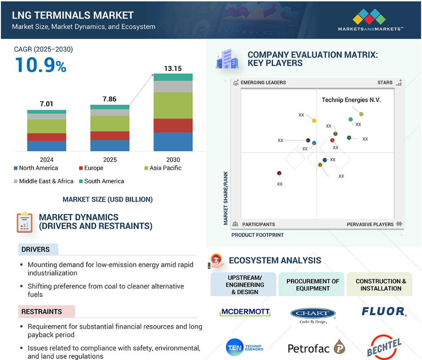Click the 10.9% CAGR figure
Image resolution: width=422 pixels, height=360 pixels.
pyautogui.click(x=41, y=66)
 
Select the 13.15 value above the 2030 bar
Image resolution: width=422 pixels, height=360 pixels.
pyautogui.click(x=173, y=68)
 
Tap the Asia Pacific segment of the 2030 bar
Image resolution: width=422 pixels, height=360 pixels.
pyautogui.click(x=173, y=105)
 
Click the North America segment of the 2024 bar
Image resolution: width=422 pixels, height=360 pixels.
pyautogui.click(x=46, y=146)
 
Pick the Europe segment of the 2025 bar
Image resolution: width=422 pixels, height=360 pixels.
pyautogui.click(x=110, y=136)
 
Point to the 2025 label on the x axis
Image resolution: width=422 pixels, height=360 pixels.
pyautogui.click(x=110, y=159)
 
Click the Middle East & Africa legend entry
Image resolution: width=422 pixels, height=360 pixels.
pyautogui.click(x=43, y=181)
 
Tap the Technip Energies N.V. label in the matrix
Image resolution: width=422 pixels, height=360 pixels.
pyautogui.click(x=351, y=100)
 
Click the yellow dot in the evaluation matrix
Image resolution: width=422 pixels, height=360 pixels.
pyautogui.click(x=314, y=121)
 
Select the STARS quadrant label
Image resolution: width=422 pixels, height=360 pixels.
pyautogui.click(x=385, y=83)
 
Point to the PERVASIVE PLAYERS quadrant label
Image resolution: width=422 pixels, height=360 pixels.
pyautogui.click(x=371, y=224)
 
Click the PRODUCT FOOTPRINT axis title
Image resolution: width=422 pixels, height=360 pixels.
pyautogui.click(x=257, y=234)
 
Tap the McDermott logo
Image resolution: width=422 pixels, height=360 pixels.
pyautogui.click(x=245, y=312)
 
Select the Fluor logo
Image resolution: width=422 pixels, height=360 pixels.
pyautogui.click(x=384, y=311)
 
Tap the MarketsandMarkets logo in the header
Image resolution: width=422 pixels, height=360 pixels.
pyautogui.click(x=371, y=21)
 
